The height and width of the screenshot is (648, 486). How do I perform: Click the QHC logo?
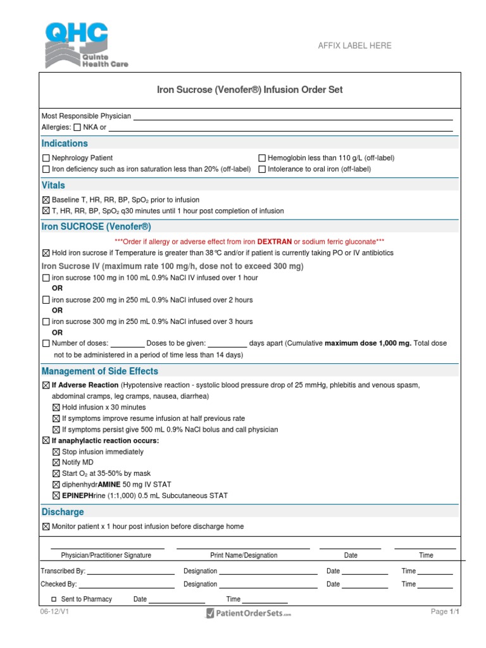[x=76, y=44]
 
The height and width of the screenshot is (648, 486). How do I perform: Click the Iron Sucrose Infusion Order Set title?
[x=249, y=90]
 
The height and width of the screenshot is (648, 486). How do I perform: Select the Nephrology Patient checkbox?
[x=46, y=158]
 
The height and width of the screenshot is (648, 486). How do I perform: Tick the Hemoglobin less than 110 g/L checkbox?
[x=262, y=158]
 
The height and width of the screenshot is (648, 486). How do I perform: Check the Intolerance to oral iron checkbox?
[x=262, y=170]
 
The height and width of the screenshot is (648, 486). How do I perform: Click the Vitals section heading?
[x=53, y=185]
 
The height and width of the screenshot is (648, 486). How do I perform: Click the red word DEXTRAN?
[x=274, y=242]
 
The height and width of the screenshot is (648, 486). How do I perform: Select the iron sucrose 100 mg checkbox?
[x=46, y=278]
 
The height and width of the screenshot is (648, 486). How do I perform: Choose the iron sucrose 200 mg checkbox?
[x=46, y=300]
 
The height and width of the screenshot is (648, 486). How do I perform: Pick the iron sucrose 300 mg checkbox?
[x=46, y=321]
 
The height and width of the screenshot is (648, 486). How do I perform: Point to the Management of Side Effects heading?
[x=99, y=371]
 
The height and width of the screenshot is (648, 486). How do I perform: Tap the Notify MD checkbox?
[x=56, y=463]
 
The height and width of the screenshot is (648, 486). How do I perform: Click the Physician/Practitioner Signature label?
[x=106, y=556]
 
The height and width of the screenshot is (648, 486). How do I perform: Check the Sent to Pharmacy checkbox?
[x=54, y=599]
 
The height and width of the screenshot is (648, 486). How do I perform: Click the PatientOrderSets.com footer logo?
[x=248, y=613]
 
